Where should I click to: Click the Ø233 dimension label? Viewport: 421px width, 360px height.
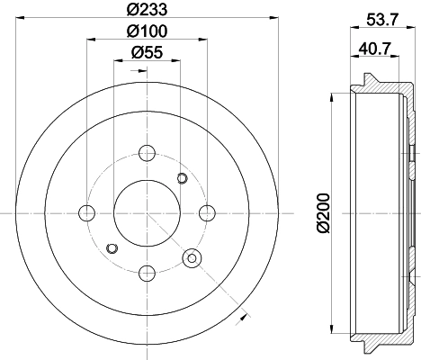click(x=147, y=11)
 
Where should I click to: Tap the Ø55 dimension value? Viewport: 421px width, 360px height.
click(x=147, y=53)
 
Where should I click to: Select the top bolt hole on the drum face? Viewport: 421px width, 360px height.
click(x=148, y=152)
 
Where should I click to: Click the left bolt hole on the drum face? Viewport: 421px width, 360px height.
click(x=86, y=212)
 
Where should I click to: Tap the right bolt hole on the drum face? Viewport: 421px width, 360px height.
click(x=208, y=212)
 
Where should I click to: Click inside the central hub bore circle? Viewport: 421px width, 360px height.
click(x=148, y=212)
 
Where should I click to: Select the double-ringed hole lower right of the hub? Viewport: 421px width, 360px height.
click(x=192, y=259)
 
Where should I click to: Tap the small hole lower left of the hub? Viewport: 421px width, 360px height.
click(x=112, y=247)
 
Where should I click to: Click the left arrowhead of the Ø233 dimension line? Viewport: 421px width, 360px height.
click(x=20, y=19)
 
